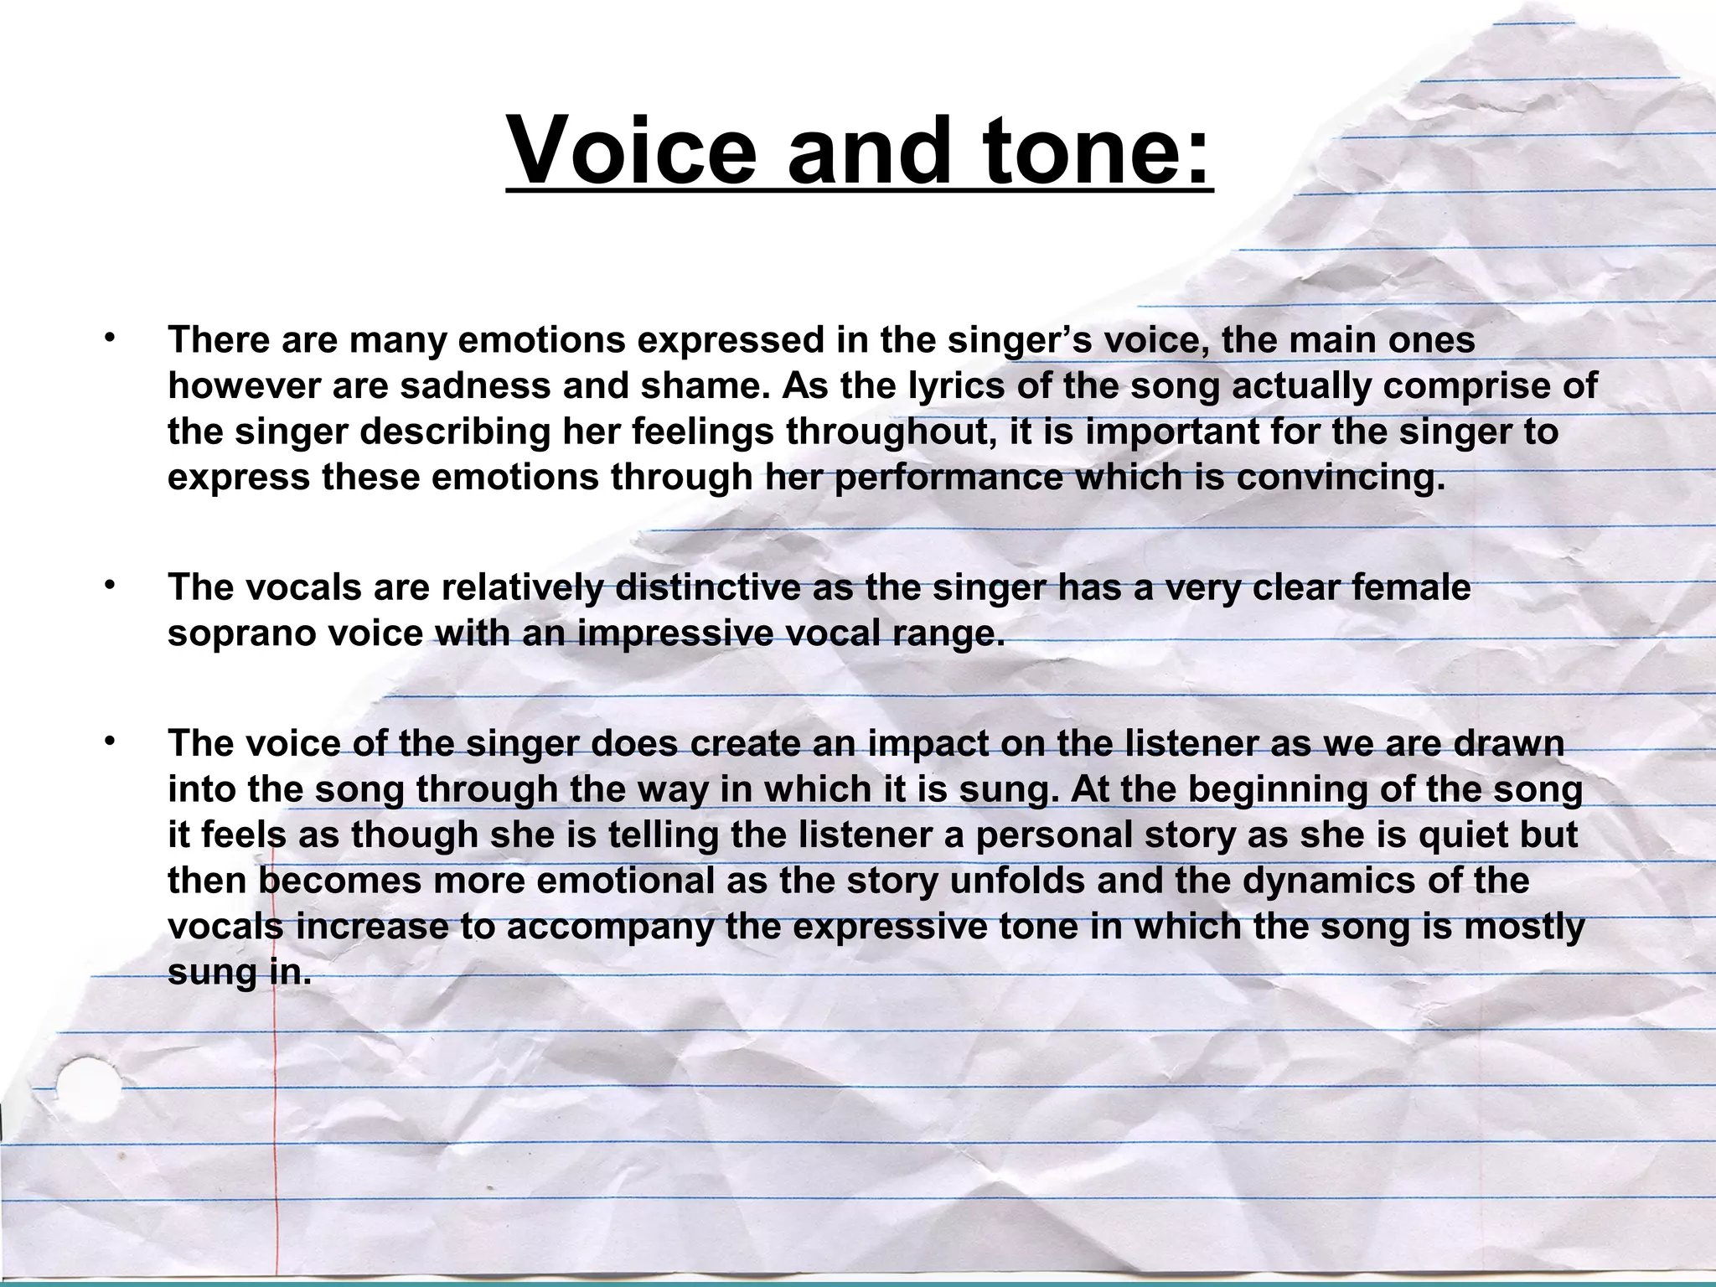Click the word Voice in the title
coord(633,152)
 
